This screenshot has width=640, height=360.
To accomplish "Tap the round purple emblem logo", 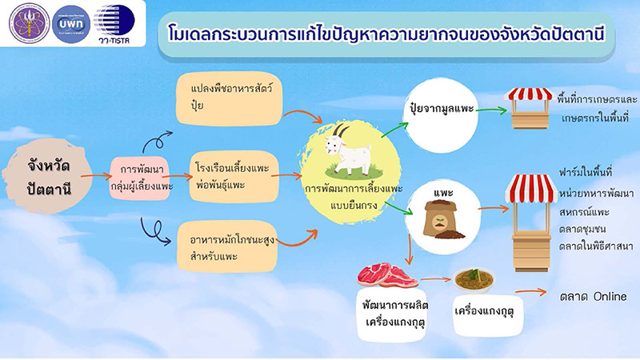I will coord(24,24).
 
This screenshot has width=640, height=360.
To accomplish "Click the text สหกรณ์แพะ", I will coord(584,211).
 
